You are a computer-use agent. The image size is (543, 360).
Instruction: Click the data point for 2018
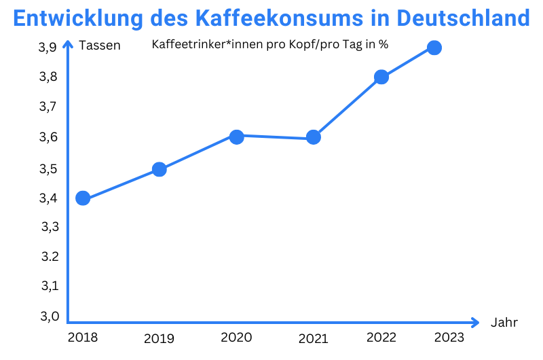[x=83, y=198]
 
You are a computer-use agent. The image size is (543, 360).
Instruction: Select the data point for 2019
[x=160, y=169]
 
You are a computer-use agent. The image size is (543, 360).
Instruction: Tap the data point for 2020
[x=236, y=137]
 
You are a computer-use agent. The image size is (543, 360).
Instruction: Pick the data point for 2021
[x=313, y=137]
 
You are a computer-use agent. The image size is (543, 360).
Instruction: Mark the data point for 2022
[x=381, y=77]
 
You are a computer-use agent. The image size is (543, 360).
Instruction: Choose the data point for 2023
[x=434, y=48]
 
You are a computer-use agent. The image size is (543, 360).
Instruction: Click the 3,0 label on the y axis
[x=50, y=316]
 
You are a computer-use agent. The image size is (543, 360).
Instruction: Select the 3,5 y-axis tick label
[x=50, y=168]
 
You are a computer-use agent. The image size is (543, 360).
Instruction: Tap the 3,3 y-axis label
[x=50, y=227]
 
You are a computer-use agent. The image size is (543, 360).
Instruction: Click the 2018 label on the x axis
[x=83, y=338]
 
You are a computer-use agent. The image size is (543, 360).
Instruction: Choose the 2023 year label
[x=449, y=338]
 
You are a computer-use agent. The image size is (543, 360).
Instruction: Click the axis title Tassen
[x=100, y=46]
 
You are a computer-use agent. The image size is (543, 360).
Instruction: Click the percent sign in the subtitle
[x=384, y=46]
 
